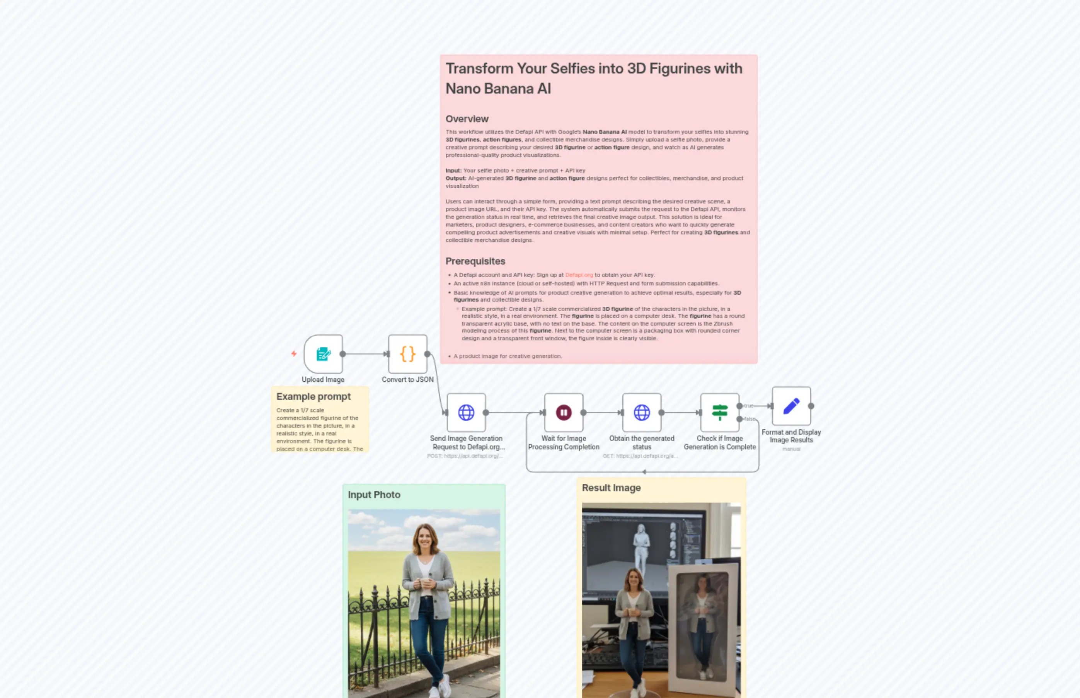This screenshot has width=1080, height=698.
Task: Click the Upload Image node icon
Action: click(323, 354)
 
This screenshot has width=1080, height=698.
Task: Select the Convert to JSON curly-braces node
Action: click(407, 354)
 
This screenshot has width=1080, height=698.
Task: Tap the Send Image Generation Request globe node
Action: click(466, 413)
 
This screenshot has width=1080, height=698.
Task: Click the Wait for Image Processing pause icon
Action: click(564, 413)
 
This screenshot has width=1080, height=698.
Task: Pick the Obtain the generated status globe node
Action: click(642, 413)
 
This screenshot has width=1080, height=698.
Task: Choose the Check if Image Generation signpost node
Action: click(719, 413)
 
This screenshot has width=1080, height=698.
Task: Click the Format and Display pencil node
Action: click(791, 406)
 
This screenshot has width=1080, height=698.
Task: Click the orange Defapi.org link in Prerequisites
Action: click(579, 275)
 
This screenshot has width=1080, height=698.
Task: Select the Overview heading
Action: click(467, 119)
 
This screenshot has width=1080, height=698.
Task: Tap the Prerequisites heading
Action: click(475, 261)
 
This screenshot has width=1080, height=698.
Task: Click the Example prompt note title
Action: click(313, 397)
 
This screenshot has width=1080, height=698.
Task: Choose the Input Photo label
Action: click(374, 495)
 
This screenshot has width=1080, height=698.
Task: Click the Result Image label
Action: click(611, 488)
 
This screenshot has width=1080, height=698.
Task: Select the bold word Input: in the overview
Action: click(453, 171)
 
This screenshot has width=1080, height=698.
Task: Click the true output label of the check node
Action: click(748, 406)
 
